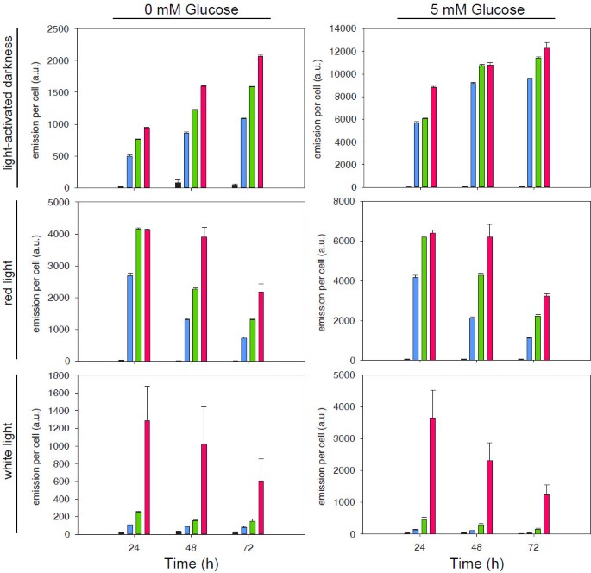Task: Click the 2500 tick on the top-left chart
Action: tap(61, 28)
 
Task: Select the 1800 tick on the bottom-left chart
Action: tap(61, 375)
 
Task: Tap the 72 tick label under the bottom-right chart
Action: tap(533, 547)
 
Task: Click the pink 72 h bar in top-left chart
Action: tap(260, 122)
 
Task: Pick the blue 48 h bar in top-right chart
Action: tap(473, 135)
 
